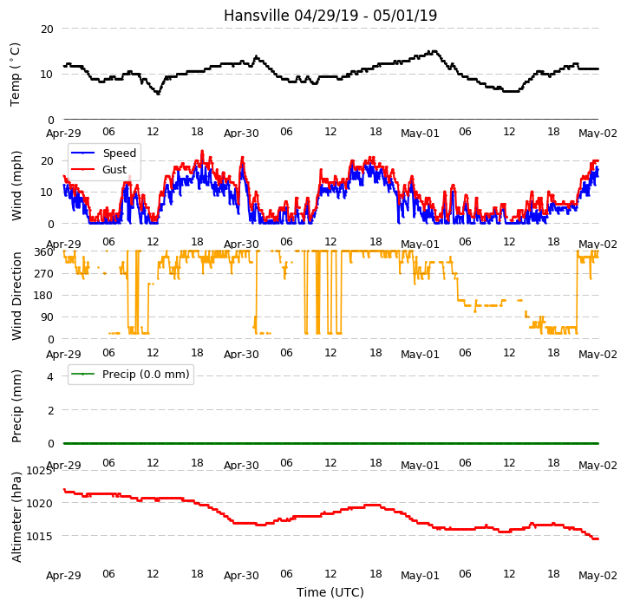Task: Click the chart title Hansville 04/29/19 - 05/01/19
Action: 330,16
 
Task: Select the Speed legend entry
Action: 103,153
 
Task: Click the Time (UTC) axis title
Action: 330,592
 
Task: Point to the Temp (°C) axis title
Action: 16,75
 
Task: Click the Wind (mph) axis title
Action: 16,186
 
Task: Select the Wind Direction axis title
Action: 16,297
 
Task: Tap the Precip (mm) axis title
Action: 16,406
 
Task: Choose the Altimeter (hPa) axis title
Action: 16,517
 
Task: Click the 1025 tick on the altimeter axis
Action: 39,471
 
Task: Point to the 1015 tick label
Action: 39,536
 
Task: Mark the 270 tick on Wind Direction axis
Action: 43,274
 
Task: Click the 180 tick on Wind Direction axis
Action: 43,296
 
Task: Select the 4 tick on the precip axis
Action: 50,376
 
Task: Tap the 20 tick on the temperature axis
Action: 47,29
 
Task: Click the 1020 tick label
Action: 39,504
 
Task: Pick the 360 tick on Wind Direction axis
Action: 43,252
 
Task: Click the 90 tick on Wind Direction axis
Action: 47,317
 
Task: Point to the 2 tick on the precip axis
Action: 50,410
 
